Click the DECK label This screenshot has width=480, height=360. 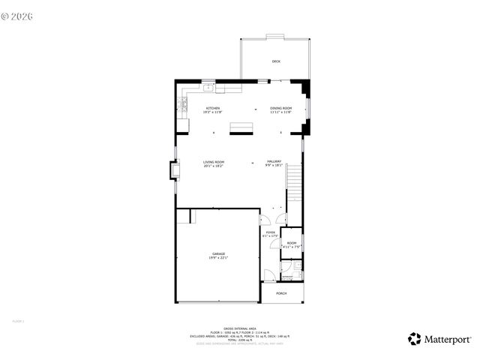[x=276, y=61]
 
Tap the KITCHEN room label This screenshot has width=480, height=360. [x=213, y=109]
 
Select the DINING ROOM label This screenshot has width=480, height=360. [x=280, y=109]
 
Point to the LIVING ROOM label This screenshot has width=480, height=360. [x=214, y=162]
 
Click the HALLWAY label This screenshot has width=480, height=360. [x=274, y=162]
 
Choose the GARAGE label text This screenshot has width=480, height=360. [x=218, y=254]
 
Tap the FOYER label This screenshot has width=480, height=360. [x=270, y=232]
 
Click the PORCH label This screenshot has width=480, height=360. [x=281, y=293]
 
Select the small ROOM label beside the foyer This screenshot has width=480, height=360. [x=292, y=243]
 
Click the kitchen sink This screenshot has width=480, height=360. [x=208, y=88]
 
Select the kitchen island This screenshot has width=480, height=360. [x=241, y=125]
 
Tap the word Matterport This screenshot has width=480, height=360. [x=448, y=339]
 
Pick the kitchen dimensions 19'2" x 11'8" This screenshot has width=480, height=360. [x=213, y=112]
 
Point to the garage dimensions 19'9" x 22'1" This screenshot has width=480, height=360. [x=218, y=258]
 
